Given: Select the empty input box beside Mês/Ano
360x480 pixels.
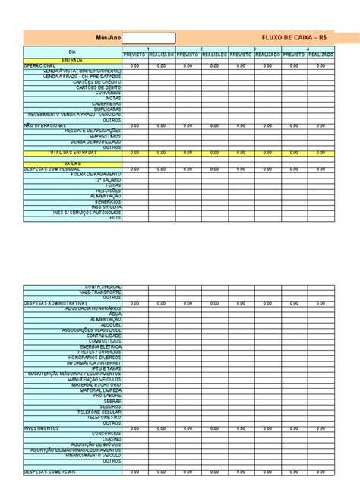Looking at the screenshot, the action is point(149,38).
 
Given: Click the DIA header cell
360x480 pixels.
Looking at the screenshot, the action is point(73,52).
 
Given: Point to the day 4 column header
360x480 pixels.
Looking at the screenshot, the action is point(308,49).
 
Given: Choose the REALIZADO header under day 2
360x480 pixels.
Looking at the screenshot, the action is point(215,55).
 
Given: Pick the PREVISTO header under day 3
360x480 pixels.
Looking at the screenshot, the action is point(241,55).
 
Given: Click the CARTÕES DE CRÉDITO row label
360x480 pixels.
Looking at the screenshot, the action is point(99,81).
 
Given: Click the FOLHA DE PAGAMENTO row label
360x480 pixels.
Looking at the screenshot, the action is point(96,174).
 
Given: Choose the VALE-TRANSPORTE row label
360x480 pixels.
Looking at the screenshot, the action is point(102,292).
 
